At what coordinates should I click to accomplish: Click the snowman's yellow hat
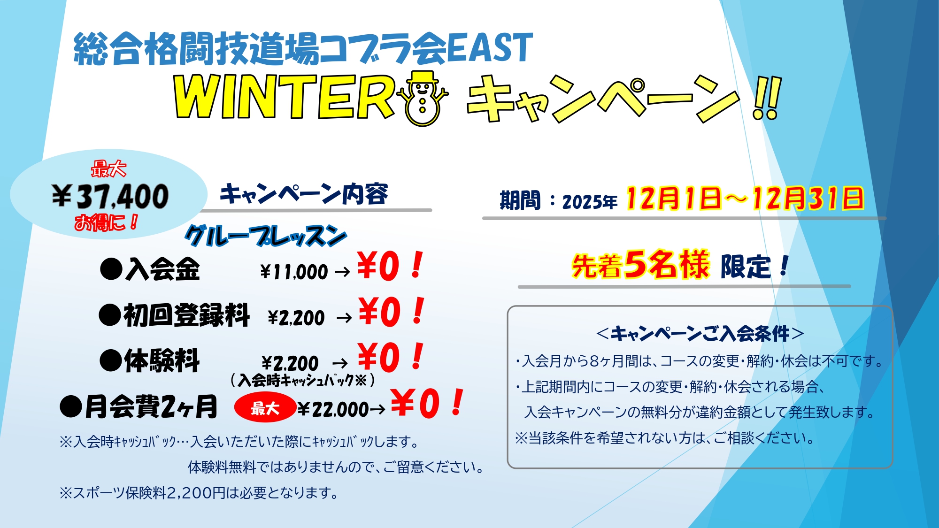pyautogui.click(x=422, y=77)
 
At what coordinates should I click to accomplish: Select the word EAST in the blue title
pyautogui.click(x=490, y=48)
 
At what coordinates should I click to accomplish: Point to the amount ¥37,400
pyautogui.click(x=110, y=197)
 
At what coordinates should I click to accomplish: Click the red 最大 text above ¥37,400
pyautogui.click(x=108, y=169)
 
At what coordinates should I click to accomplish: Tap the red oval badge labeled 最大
pyautogui.click(x=265, y=408)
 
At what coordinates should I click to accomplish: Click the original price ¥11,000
pyautogui.click(x=294, y=272)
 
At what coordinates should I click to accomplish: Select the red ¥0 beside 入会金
pyautogui.click(x=378, y=266)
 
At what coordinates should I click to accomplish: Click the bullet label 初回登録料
pyautogui.click(x=186, y=315)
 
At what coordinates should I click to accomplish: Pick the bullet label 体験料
pyautogui.click(x=162, y=361)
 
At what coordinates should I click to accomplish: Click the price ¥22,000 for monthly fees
pyautogui.click(x=333, y=409)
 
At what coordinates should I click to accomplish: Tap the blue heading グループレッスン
pyautogui.click(x=266, y=236)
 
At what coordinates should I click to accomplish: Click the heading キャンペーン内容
pyautogui.click(x=304, y=194)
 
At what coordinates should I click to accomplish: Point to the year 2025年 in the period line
pyautogui.click(x=590, y=202)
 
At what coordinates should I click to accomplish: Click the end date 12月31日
pyautogui.click(x=808, y=198)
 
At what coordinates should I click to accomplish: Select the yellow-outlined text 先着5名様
pyautogui.click(x=640, y=265)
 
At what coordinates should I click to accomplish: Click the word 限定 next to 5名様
pyautogui.click(x=746, y=267)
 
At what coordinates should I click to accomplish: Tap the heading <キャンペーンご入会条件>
pyautogui.click(x=700, y=334)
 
